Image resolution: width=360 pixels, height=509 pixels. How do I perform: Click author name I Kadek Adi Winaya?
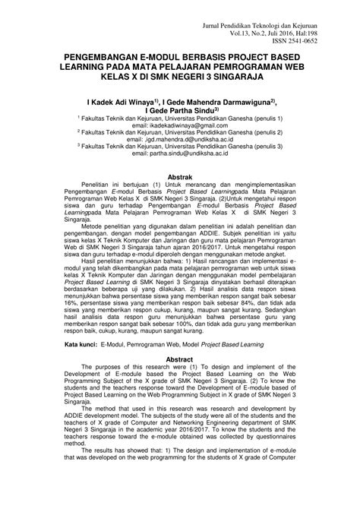pos(122,101)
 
